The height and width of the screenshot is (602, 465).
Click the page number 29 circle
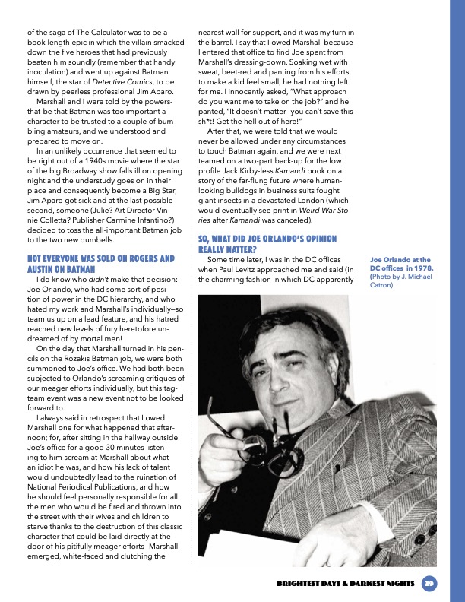(429, 583)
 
